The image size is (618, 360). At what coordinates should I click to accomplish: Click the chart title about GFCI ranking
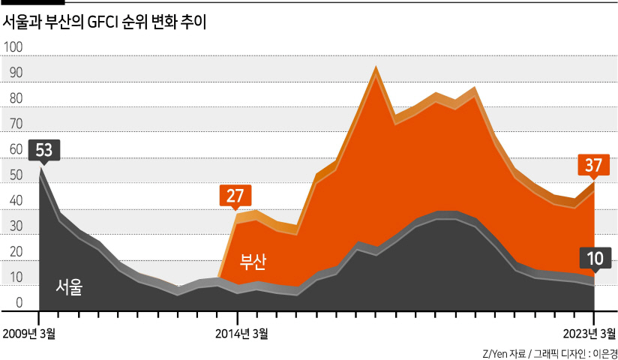104,22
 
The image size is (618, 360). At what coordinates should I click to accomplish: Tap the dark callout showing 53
44,150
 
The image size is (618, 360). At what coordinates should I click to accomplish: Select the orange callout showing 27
235,196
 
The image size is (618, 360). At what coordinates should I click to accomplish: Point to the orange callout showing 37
593,165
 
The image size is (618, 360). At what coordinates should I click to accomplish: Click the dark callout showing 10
595,259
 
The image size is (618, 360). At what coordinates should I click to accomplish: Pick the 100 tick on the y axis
13,47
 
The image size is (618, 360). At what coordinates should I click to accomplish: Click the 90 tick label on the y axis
16,73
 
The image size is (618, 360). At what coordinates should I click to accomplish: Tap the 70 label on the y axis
16,124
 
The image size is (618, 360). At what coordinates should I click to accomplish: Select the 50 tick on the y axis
16,175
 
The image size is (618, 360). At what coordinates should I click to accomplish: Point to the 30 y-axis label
16,226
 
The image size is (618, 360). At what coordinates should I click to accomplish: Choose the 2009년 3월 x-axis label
29,334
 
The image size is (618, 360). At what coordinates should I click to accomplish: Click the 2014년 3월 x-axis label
241,334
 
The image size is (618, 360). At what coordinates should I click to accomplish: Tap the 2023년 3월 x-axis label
589,334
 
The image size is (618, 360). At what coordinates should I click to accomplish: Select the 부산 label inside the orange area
253,262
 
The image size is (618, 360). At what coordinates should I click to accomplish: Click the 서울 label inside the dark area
69,287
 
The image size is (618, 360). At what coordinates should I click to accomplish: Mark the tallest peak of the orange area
376,66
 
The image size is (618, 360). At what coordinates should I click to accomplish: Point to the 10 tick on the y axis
16,277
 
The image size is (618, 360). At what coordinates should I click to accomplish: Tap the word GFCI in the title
103,22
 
